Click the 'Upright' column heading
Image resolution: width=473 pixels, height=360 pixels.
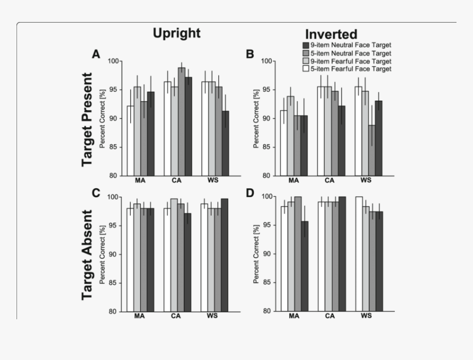pyautogui.click(x=177, y=33)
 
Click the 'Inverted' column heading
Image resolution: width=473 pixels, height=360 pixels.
pyautogui.click(x=331, y=34)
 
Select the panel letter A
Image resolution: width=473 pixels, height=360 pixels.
pyautogui.click(x=96, y=54)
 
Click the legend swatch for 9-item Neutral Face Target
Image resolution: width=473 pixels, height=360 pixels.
pyautogui.click(x=305, y=45)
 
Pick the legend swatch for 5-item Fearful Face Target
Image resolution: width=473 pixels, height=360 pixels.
pyautogui.click(x=305, y=69)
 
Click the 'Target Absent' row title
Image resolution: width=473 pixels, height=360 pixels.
pyautogui.click(x=88, y=255)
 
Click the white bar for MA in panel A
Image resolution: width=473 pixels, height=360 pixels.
pyautogui.click(x=130, y=141)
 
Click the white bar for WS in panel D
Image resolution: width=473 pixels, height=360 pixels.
pyautogui.click(x=359, y=254)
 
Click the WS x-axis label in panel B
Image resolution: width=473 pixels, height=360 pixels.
pyautogui.click(x=366, y=181)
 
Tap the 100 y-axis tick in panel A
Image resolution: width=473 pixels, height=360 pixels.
pyautogui.click(x=115, y=61)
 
